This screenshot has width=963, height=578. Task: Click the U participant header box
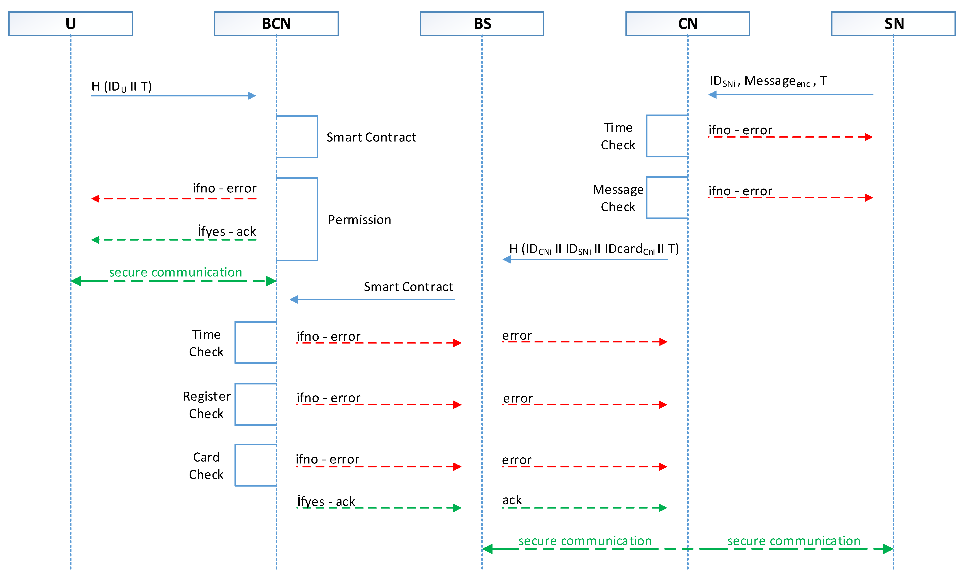[x=71, y=24]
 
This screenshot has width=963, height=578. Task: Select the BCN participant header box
[x=276, y=24]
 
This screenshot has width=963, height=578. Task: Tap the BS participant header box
[x=482, y=24]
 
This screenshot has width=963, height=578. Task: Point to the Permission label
[x=359, y=220]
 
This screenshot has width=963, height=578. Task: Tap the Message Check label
[x=618, y=198]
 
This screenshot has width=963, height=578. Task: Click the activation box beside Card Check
[x=256, y=465]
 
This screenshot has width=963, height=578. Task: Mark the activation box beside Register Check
[x=256, y=404]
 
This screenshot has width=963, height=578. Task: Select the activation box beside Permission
[x=297, y=219]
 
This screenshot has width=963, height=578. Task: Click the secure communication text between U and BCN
[x=175, y=272]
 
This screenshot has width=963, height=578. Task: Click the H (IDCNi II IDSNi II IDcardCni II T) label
[x=594, y=249]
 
